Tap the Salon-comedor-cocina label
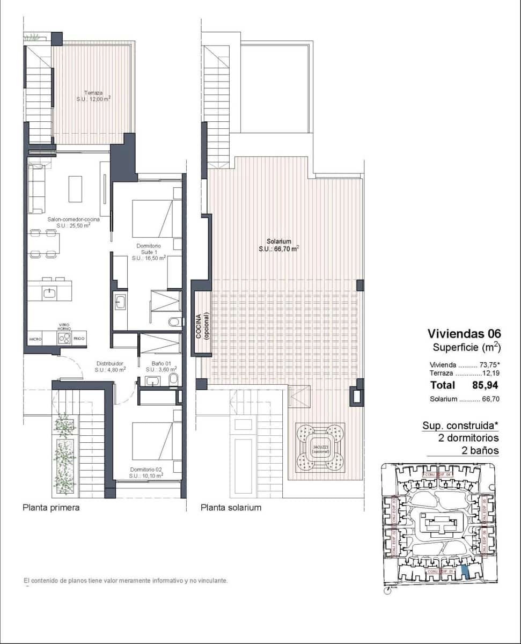coord(66,222)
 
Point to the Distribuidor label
coord(110,366)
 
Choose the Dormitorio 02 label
coord(146,472)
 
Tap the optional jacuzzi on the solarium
coord(320,448)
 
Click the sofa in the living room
coord(36,189)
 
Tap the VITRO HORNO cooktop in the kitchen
coord(64,338)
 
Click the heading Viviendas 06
coord(464,334)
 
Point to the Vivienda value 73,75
coord(486,364)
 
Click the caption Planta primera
coord(51,507)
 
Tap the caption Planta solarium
coord(231,507)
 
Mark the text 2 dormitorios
coord(468,438)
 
